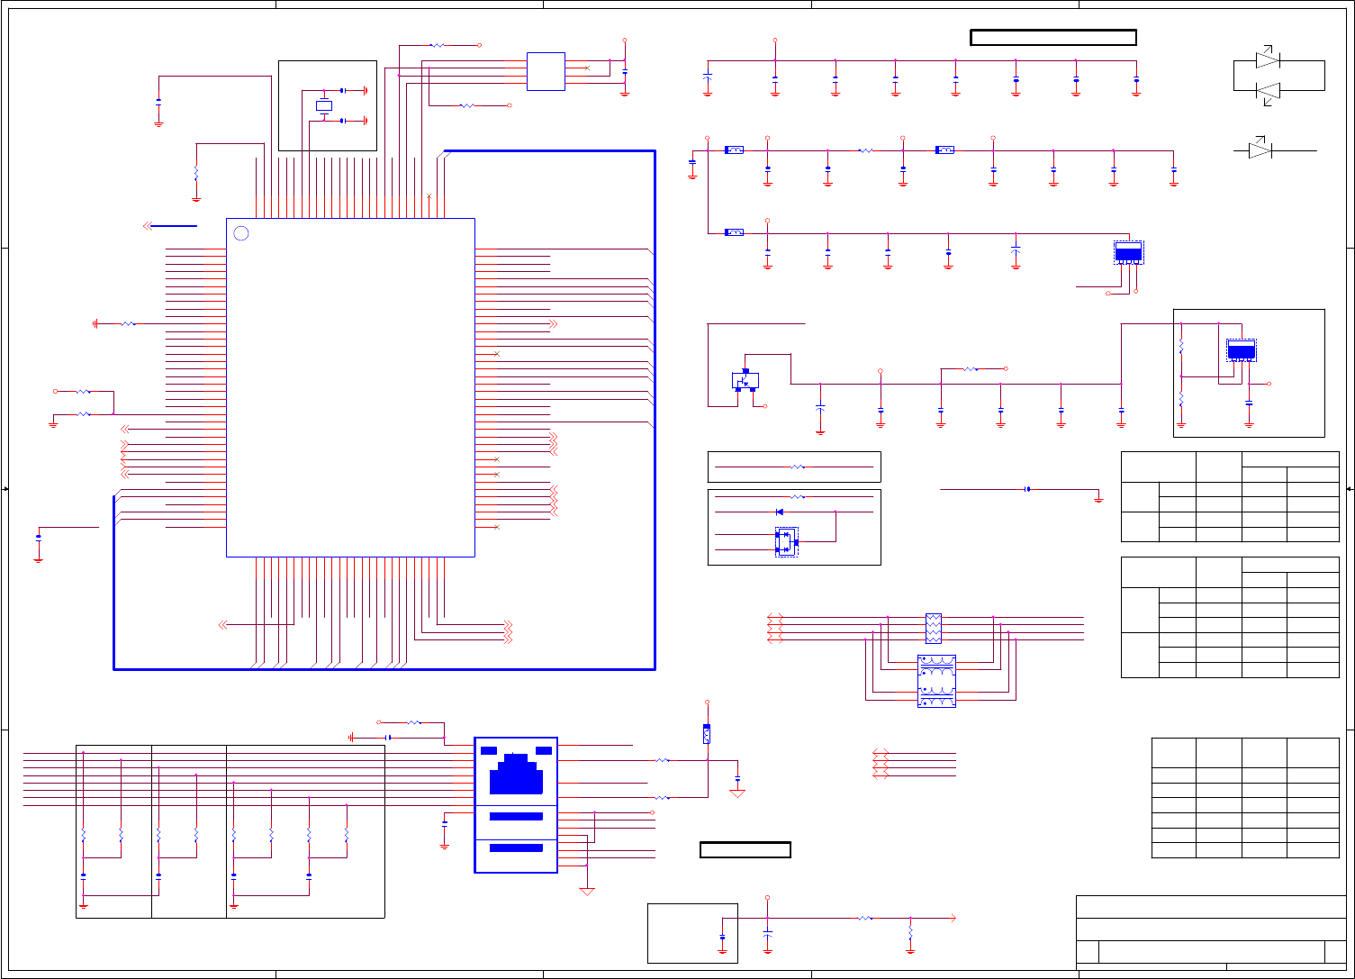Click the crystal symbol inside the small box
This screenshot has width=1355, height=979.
point(324,106)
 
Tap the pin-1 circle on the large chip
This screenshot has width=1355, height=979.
point(240,233)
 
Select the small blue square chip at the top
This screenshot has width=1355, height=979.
point(546,71)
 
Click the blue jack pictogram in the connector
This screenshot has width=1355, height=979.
point(516,774)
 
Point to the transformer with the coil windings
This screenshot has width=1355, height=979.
point(936,681)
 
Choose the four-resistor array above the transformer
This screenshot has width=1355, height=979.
point(933,628)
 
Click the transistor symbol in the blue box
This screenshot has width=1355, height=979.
point(745,380)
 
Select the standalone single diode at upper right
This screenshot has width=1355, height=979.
point(1261,151)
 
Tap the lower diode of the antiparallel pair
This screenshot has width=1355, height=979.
point(1268,91)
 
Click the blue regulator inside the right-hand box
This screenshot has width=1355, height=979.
point(1242,351)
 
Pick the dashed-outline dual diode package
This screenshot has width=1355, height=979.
point(786,542)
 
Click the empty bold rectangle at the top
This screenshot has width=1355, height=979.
point(1053,37)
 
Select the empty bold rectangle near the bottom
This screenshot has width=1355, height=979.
point(745,849)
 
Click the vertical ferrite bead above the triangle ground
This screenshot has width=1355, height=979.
point(707,734)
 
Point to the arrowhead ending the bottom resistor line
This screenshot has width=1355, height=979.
point(953,919)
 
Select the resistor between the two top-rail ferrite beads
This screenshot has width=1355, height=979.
point(865,150)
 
